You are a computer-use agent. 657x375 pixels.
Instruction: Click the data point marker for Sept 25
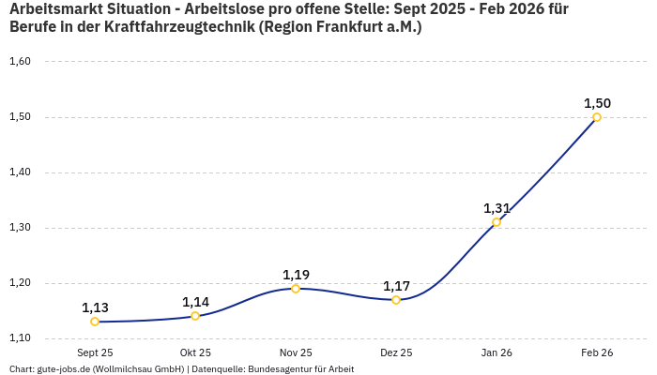click(95, 322)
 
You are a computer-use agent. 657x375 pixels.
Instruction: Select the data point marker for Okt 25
click(195, 316)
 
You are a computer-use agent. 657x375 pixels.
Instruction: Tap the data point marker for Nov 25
click(296, 289)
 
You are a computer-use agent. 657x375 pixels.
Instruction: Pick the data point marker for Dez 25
click(396, 300)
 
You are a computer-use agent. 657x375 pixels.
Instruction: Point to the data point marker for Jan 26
click(497, 222)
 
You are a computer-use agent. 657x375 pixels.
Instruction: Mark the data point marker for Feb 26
click(597, 117)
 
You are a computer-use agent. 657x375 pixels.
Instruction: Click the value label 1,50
click(597, 103)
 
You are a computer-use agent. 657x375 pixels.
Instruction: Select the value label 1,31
click(497, 208)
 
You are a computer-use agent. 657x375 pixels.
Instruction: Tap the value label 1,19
click(296, 275)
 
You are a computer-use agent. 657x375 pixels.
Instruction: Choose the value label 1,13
click(95, 307)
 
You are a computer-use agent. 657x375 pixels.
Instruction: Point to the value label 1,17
click(396, 286)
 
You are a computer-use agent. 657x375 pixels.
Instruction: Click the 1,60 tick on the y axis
click(20, 62)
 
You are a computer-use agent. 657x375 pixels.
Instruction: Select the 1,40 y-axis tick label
click(20, 172)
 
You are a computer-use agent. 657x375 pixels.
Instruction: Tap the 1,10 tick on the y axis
click(20, 338)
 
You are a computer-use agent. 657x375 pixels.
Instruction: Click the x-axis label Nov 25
click(296, 352)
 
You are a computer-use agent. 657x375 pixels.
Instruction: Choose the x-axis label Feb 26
click(597, 352)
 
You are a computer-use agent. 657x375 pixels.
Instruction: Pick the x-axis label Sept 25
click(95, 352)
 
